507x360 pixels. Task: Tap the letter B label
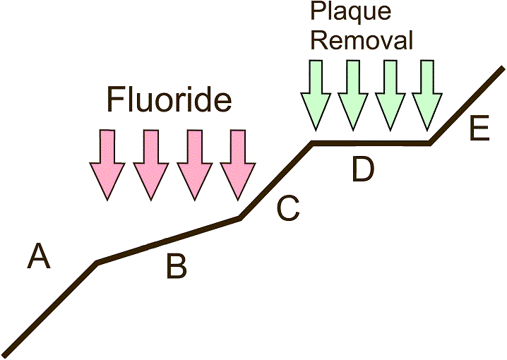[x=177, y=267]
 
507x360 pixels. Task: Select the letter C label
[x=288, y=208]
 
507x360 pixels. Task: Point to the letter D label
[x=362, y=170]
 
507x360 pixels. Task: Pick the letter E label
[x=479, y=129]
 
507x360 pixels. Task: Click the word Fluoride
[x=169, y=100]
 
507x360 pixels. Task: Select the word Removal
[x=362, y=40]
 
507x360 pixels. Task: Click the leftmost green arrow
[x=316, y=95]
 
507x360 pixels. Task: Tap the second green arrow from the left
[x=353, y=95]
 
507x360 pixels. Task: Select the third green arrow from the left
[x=390, y=95]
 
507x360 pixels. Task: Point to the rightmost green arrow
[x=428, y=95]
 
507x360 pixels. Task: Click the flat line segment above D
[x=371, y=143]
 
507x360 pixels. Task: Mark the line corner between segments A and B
[x=97, y=263]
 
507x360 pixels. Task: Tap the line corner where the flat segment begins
[x=313, y=143]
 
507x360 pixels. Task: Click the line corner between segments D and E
[x=430, y=143]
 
